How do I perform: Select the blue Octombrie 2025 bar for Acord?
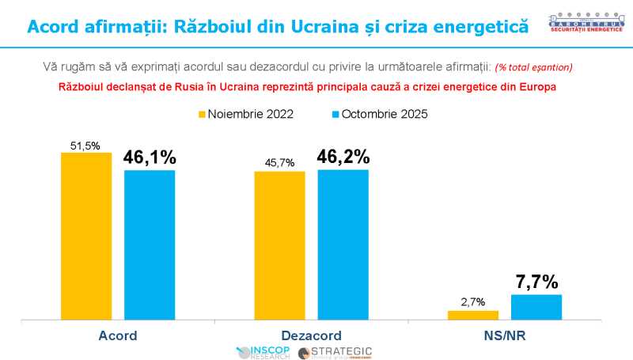[x=150, y=244]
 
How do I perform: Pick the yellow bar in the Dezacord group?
[x=279, y=245]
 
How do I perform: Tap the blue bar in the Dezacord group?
[x=343, y=244]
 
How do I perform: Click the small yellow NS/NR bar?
[x=473, y=315]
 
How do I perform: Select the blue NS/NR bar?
[x=536, y=307]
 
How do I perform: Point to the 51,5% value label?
[x=85, y=146]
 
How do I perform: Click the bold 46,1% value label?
[x=150, y=157]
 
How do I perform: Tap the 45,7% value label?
[x=279, y=163]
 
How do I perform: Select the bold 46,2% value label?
[x=343, y=157]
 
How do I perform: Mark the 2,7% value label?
[x=472, y=302]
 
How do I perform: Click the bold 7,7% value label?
[x=536, y=282]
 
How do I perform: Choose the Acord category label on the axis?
[x=118, y=335]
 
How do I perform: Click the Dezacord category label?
[x=311, y=335]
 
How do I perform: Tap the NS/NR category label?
[x=504, y=335]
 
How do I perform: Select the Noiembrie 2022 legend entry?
[x=245, y=114]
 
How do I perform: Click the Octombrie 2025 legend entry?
[x=377, y=114]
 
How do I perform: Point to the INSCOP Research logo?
[x=265, y=352]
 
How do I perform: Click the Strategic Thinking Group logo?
[x=335, y=352]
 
